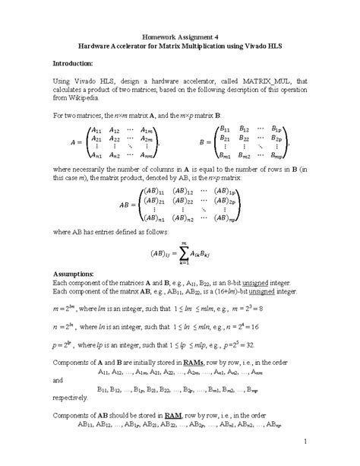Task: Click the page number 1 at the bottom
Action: pos(303,442)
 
